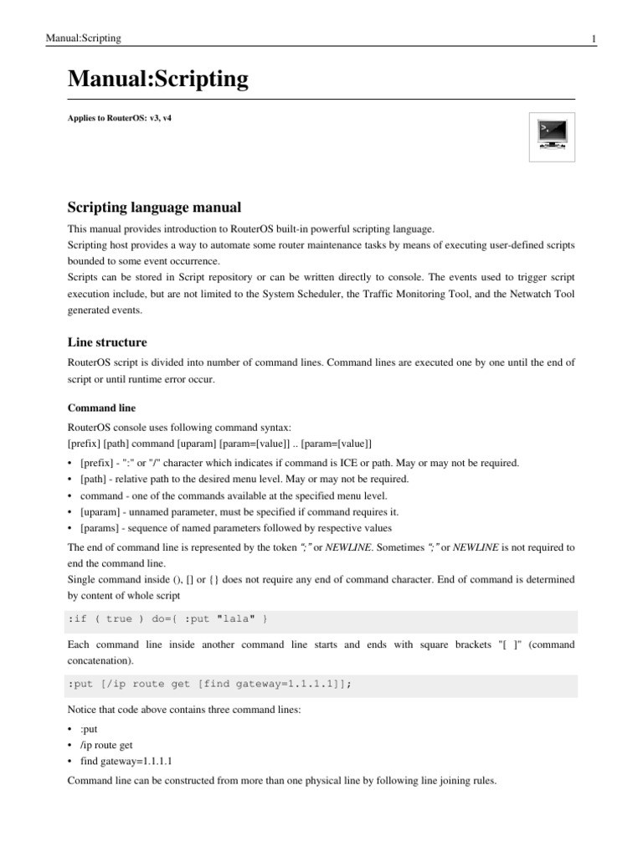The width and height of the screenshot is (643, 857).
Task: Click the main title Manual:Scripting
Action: (157, 80)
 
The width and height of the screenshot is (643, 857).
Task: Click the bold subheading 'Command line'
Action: (100, 408)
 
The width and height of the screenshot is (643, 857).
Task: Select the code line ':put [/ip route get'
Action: (208, 684)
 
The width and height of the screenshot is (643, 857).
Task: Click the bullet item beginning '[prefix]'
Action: (299, 463)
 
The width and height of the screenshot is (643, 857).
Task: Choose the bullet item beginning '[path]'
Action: (244, 479)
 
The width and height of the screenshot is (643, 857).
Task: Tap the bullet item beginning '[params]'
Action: (235, 528)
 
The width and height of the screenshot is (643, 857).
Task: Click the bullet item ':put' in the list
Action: (90, 729)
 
